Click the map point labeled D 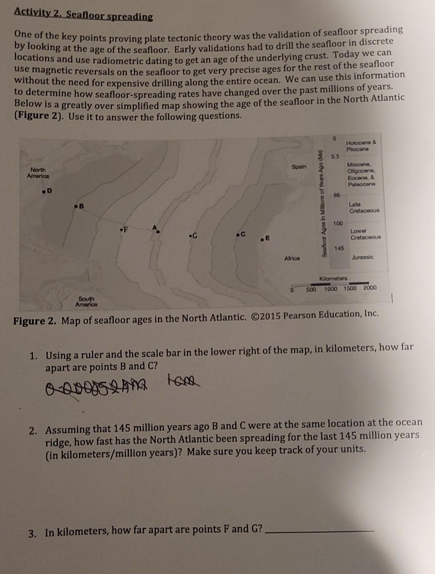[43, 190]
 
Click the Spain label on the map [299, 167]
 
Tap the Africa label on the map [291, 258]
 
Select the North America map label [38, 173]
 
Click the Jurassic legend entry [362, 257]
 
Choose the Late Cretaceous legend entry [364, 208]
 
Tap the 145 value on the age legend [339, 248]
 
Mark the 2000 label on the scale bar [369, 288]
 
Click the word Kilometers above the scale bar [335, 278]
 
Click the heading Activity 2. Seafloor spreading [83, 14]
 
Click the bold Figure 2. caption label [36, 321]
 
